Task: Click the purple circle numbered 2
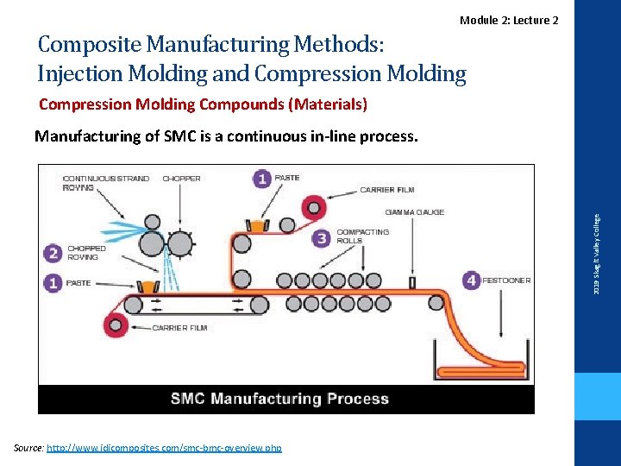[x=53, y=252]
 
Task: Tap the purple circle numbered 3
[x=322, y=237]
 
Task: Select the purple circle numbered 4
[x=471, y=280]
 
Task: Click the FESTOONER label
[x=506, y=280]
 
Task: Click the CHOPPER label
[x=181, y=179]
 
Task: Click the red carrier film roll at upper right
[x=311, y=206]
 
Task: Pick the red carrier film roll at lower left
[x=114, y=325]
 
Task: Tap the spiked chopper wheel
[x=179, y=244]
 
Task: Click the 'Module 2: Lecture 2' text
[x=509, y=20]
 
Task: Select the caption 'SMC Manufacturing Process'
[x=279, y=399]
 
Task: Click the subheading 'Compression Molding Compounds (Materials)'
[x=204, y=104]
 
